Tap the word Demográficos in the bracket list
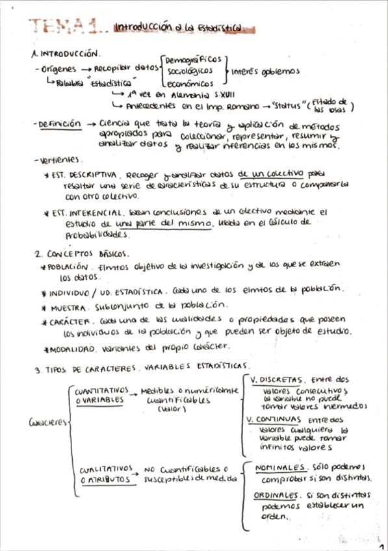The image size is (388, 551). pos(194,59)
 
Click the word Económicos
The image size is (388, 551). pos(190,84)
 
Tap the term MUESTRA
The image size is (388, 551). pos(64,305)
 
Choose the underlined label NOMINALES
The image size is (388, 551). pos(280,468)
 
